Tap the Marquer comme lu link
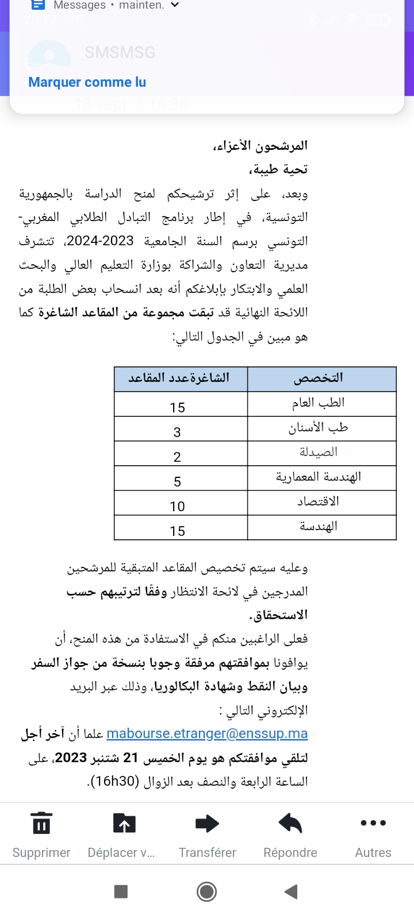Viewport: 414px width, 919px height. [x=87, y=82]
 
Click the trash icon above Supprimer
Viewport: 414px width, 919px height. [x=41, y=824]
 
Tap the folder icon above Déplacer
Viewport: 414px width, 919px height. [x=124, y=824]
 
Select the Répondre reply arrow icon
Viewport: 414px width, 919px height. [x=290, y=824]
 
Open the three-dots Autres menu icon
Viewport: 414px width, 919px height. [x=373, y=823]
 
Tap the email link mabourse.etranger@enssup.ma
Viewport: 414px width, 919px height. [x=207, y=733]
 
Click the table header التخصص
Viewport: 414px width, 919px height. [x=319, y=378]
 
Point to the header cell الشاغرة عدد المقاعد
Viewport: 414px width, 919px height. [x=179, y=378]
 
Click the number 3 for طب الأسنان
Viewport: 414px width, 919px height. [x=177, y=433]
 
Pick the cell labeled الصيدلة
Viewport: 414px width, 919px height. [x=319, y=453]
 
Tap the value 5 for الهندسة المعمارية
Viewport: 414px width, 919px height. [x=177, y=482]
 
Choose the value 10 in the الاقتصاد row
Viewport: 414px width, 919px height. [x=177, y=507]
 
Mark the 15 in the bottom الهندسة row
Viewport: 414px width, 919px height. [x=177, y=531]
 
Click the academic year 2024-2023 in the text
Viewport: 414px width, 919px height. [x=100, y=241]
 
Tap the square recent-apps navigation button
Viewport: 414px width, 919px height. [x=121, y=891]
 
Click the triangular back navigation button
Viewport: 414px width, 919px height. [x=291, y=891]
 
